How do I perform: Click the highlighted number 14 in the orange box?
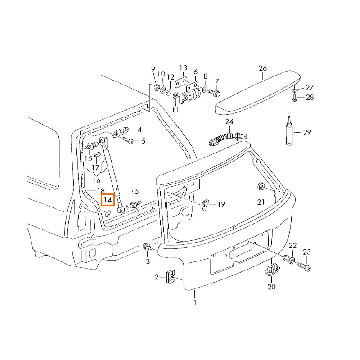(108, 200)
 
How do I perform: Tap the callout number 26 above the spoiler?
(263, 68)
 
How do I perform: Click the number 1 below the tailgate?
(195, 303)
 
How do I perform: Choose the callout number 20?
(271, 287)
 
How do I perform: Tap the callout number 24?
(229, 122)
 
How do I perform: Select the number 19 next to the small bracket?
(221, 205)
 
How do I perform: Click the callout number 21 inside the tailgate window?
(261, 202)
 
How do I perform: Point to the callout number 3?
(147, 261)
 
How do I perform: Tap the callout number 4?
(139, 130)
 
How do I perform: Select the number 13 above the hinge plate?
(184, 68)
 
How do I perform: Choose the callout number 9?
(153, 69)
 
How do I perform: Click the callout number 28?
(310, 97)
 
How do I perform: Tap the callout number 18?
(101, 191)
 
